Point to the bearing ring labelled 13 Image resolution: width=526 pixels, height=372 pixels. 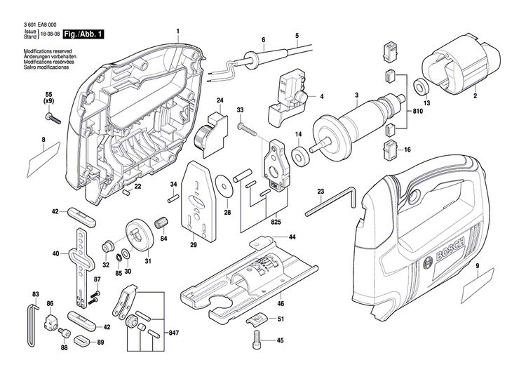click(x=422, y=87)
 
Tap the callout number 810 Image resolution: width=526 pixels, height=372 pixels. click(x=417, y=112)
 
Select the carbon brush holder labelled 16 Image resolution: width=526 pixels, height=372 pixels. click(x=390, y=149)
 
